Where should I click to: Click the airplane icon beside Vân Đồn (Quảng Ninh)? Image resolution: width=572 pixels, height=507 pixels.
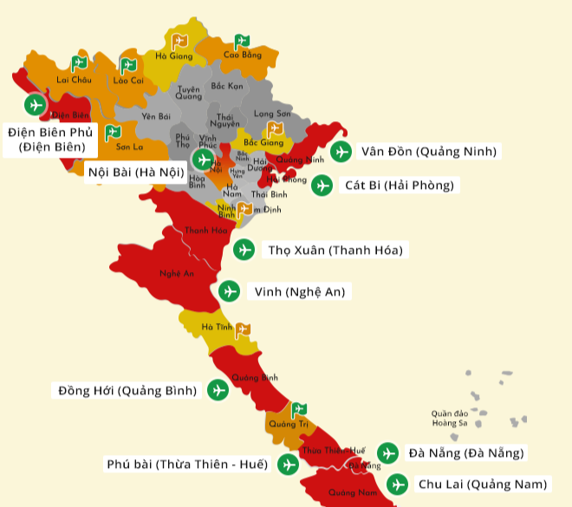click(341, 152)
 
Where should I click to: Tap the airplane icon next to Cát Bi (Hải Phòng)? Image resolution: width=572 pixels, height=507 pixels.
click(322, 185)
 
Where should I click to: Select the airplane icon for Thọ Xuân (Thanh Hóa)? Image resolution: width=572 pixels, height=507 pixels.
click(245, 250)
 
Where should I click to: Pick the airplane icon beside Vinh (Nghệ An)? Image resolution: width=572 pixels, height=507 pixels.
click(230, 291)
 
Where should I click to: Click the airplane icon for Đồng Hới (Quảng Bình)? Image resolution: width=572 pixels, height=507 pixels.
click(218, 391)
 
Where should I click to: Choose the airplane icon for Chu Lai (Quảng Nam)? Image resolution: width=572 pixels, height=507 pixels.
click(397, 484)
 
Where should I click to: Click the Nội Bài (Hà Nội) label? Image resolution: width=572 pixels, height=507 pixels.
click(136, 172)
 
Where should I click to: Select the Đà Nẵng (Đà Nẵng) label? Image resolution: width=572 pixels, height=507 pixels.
click(466, 452)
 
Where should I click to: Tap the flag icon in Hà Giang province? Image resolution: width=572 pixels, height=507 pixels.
click(179, 41)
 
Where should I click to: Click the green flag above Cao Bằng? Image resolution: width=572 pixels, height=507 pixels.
click(242, 41)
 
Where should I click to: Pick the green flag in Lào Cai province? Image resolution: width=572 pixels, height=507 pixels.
click(128, 65)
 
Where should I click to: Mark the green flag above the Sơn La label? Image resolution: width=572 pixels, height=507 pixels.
click(112, 133)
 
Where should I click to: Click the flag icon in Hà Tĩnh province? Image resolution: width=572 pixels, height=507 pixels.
click(244, 329)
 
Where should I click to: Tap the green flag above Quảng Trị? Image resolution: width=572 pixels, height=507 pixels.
click(298, 409)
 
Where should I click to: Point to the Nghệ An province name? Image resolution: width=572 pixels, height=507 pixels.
click(172, 274)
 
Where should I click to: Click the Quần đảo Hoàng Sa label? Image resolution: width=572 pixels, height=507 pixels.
click(450, 418)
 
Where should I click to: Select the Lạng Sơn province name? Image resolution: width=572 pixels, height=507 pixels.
click(272, 114)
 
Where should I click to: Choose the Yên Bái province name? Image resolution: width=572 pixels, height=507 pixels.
click(156, 115)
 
